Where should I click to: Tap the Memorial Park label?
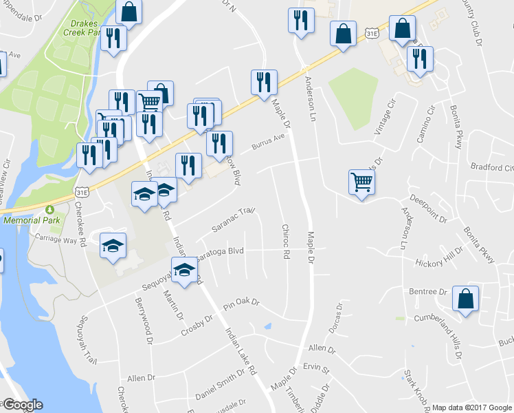pos(32,220)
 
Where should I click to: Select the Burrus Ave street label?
pos(267,145)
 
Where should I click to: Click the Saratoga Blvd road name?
pos(221,253)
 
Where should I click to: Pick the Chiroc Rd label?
pos(284,241)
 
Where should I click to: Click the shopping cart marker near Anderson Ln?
pos(361,182)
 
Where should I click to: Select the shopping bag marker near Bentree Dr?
pos(465,299)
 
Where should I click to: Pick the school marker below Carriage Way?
pos(113,246)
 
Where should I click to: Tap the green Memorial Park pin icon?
pos(49,210)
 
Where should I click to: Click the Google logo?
pos(23,405)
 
